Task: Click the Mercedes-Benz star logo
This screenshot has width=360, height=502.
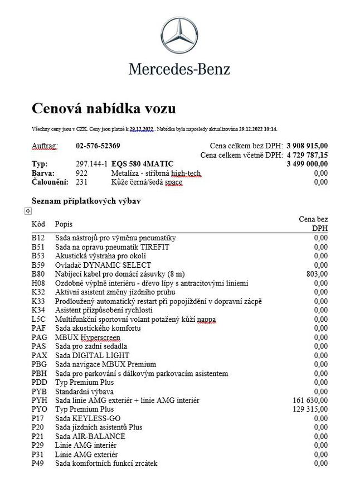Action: pyautogui.click(x=179, y=36)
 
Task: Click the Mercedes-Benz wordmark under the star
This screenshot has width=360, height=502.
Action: pyautogui.click(x=179, y=69)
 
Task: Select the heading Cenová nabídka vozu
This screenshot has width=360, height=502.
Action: pyautogui.click(x=103, y=108)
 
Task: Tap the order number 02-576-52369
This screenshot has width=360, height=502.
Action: pyautogui.click(x=98, y=146)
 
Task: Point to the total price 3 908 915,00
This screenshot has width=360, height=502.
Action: pyautogui.click(x=307, y=146)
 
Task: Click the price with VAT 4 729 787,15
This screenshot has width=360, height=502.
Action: pyautogui.click(x=307, y=155)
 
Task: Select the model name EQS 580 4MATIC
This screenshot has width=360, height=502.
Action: pyautogui.click(x=142, y=164)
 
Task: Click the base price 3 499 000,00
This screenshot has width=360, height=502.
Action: pyautogui.click(x=307, y=164)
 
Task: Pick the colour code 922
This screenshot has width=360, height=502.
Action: pyautogui.click(x=81, y=173)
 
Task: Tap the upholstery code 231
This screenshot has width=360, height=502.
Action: pyautogui.click(x=81, y=182)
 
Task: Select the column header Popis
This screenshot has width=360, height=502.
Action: pyautogui.click(x=64, y=224)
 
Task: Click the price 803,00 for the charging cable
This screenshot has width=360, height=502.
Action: pyautogui.click(x=317, y=274)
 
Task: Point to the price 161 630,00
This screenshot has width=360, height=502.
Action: pyautogui.click(x=310, y=400)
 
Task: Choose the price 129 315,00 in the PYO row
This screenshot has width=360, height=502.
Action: pyautogui.click(x=310, y=409)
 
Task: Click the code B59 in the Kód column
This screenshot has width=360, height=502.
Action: pyautogui.click(x=37, y=265)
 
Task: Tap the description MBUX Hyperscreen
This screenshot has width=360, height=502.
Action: pyautogui.click(x=87, y=337)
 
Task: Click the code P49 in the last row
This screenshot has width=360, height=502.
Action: pyautogui.click(x=37, y=463)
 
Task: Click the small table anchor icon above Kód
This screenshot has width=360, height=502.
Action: pyautogui.click(x=28, y=211)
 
